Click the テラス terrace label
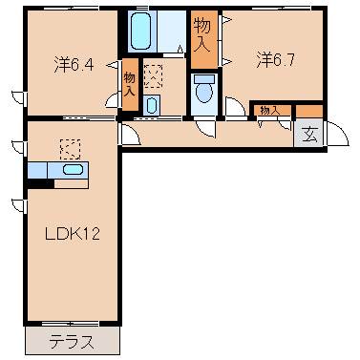tap(72, 340)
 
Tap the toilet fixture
tap(203, 91)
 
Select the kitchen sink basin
tap(71, 170)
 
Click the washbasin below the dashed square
tap(152, 104)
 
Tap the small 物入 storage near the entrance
tap(270, 110)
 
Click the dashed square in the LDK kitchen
tap(70, 148)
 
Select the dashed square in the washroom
tap(153, 75)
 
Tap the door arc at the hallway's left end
tap(131, 131)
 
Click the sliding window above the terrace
tap(72, 326)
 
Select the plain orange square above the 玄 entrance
tap(310, 111)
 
